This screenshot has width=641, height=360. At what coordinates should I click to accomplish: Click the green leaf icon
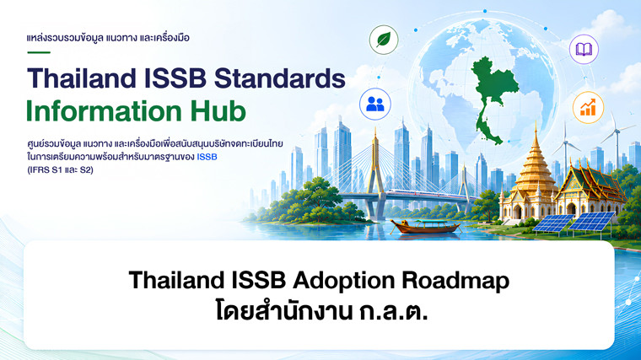click(384, 40)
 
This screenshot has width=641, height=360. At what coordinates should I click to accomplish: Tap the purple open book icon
click(584, 50)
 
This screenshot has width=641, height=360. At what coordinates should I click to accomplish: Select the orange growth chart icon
click(588, 107)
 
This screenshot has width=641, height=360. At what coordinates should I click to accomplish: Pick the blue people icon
click(375, 104)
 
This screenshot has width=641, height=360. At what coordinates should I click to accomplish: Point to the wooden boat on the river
click(426, 226)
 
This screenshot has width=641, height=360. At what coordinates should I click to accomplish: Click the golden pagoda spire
click(535, 164)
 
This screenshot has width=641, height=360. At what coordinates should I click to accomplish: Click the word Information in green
click(104, 111)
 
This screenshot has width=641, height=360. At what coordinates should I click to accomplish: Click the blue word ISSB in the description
click(207, 157)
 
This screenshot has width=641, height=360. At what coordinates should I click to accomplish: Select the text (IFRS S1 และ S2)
click(60, 170)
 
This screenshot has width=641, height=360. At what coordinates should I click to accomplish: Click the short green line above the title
click(39, 52)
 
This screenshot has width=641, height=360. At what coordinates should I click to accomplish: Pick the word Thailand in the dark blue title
click(81, 78)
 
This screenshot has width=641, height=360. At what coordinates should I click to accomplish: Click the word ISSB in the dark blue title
click(175, 78)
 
